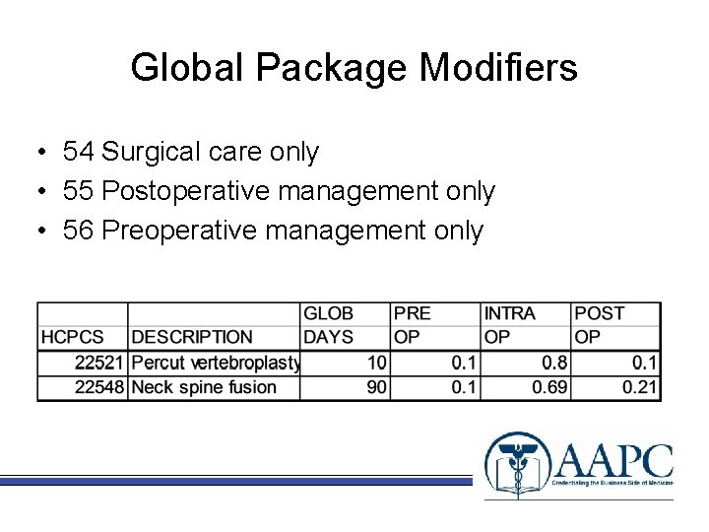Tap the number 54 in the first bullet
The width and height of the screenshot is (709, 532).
point(78,152)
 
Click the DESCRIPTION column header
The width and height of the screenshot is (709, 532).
point(192,337)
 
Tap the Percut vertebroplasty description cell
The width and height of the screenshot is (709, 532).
point(215,363)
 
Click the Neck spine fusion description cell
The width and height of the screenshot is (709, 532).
point(204,387)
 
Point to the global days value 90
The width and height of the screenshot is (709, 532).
point(376,387)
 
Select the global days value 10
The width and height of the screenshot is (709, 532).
point(376,363)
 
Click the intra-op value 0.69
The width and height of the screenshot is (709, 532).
point(549,387)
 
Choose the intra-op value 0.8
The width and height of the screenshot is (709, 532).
point(555,363)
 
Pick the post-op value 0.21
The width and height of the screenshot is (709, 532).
point(639,387)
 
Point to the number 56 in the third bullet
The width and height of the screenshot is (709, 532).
point(78,231)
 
